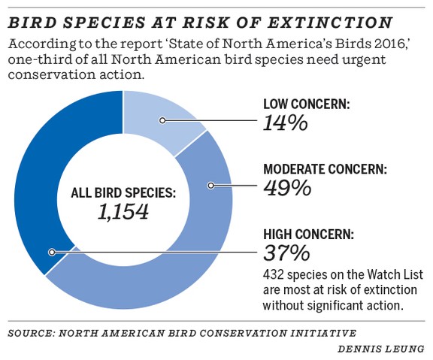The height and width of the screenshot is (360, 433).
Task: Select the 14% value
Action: (286, 123)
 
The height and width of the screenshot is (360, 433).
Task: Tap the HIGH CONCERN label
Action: (312, 234)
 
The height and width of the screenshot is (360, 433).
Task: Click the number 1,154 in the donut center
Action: (123, 212)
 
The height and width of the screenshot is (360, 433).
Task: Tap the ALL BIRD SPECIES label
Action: (123, 192)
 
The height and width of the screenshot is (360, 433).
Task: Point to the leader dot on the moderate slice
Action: (211, 185)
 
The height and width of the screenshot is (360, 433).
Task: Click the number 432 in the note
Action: (273, 275)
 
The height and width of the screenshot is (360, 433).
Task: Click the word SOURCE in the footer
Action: (32, 331)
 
